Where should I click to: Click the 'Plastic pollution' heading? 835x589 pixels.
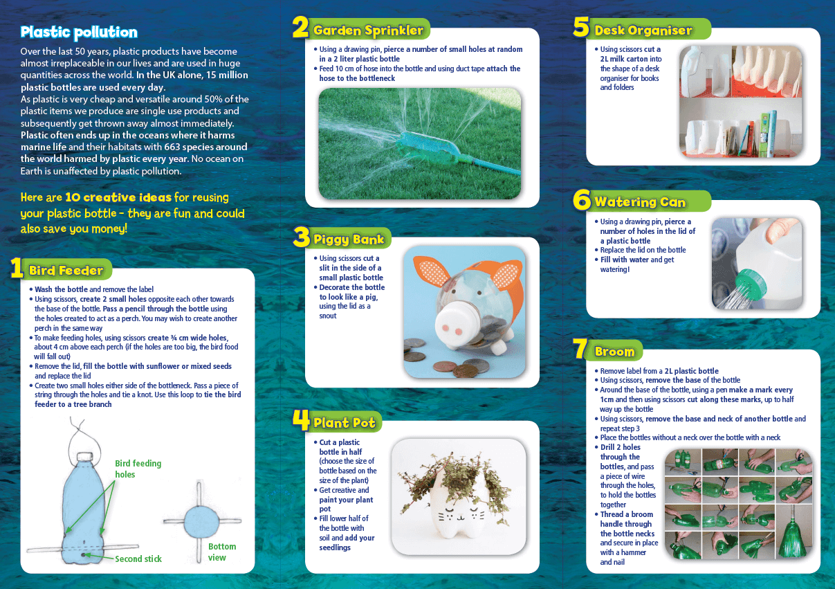pos(79,33)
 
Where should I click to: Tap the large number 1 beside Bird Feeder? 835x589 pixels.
pos(17,269)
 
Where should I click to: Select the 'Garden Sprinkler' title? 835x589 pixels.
pos(368,30)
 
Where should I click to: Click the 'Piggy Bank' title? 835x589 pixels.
pos(349,239)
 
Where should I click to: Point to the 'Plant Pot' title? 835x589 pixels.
pos(345,422)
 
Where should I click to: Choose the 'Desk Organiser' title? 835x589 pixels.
pos(643,30)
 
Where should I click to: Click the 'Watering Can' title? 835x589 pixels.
pos(640,202)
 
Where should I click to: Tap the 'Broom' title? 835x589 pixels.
pos(614,352)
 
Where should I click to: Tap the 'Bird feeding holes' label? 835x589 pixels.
pos(138,469)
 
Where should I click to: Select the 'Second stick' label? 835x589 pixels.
pos(138,559)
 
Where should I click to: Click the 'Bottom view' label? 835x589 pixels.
pos(222,552)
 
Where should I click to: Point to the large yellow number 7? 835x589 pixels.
pos(581,350)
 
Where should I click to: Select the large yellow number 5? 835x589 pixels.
pos(581,28)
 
